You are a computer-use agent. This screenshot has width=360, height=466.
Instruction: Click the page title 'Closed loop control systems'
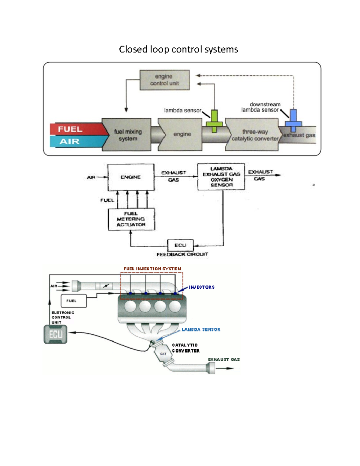pyautogui.click(x=178, y=49)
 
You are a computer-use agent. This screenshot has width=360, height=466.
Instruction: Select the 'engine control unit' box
pyautogui.click(x=164, y=80)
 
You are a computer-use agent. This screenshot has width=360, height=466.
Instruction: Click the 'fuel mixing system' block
pyautogui.click(x=127, y=135)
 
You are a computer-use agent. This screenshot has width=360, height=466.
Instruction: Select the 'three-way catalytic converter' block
pyautogui.click(x=254, y=135)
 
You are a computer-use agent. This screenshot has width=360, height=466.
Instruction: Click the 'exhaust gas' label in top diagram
pyautogui.click(x=299, y=135)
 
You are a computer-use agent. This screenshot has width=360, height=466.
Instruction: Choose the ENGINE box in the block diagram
pyautogui.click(x=131, y=177)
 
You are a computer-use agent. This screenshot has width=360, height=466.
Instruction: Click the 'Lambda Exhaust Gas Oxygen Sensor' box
pyautogui.click(x=221, y=177)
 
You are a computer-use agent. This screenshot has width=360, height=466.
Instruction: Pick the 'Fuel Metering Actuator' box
pyautogui.click(x=131, y=219)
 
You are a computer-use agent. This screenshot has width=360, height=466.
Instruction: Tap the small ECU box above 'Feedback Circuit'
pyautogui.click(x=180, y=245)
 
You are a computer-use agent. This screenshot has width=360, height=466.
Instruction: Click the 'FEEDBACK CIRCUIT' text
pyautogui.click(x=182, y=254)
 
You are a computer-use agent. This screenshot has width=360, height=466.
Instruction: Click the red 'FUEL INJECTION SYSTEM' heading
pyautogui.click(x=152, y=269)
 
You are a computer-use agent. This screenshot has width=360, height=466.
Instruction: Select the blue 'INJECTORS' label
pyautogui.click(x=202, y=287)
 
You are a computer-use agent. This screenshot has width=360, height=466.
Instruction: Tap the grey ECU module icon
pyautogui.click(x=55, y=334)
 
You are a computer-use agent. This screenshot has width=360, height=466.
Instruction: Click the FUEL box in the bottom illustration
pyautogui.click(x=73, y=301)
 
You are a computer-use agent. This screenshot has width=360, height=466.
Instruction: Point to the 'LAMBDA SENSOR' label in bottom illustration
pyautogui.click(x=201, y=329)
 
